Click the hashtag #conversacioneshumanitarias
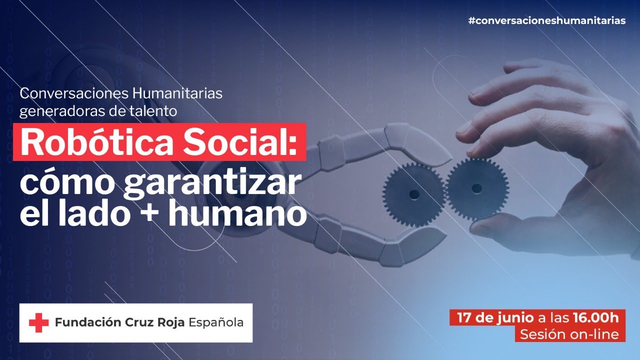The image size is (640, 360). point(546,21)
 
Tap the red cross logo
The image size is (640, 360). point(38,323)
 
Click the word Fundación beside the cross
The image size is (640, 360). point(84,322)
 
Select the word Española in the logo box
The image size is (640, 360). point(216,322)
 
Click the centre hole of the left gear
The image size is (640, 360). point(413,193)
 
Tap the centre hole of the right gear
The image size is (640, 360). point(476,188)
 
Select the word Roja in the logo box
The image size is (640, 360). point(170,322)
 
